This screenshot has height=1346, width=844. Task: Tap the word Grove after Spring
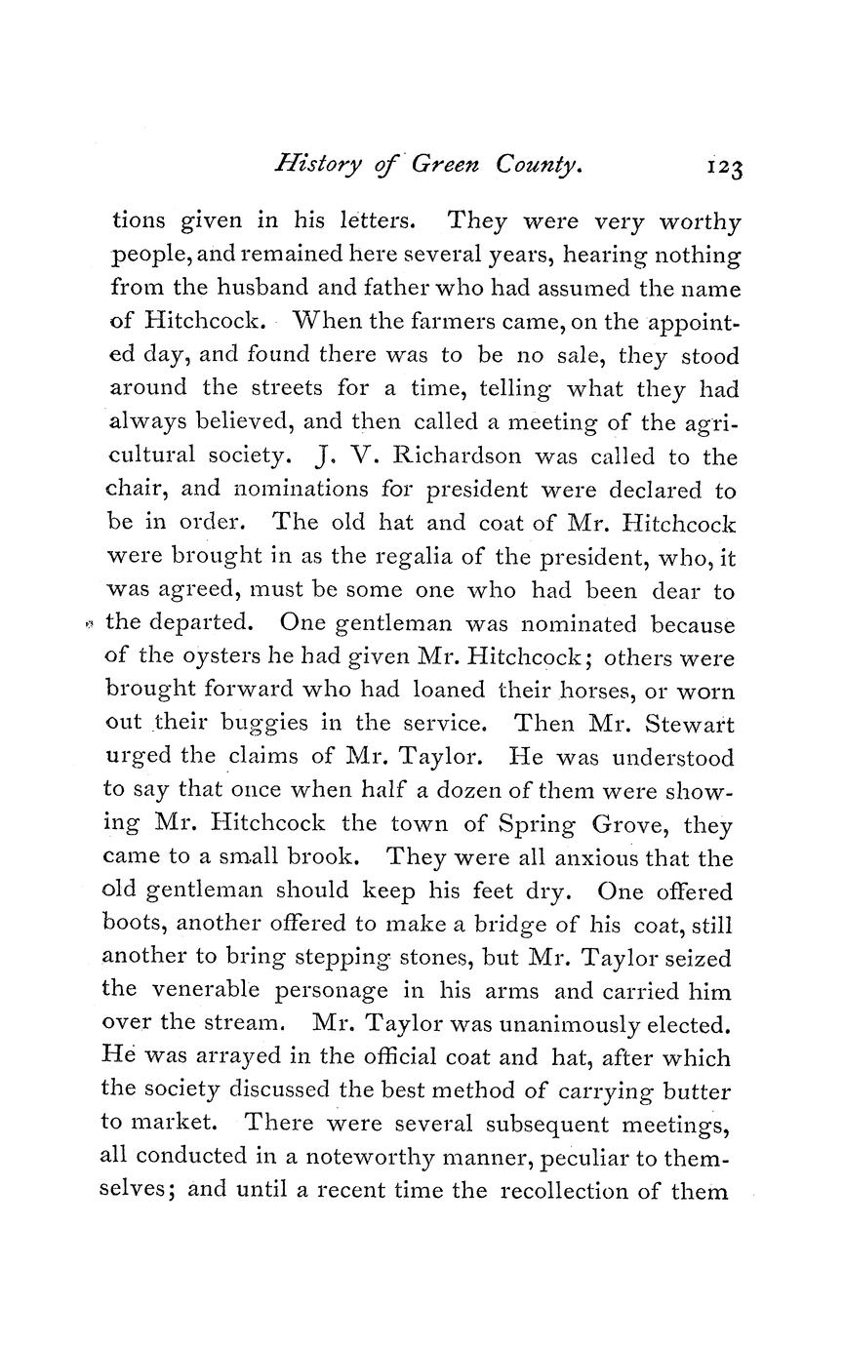tap(631, 824)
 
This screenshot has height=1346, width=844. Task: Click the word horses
tap(575, 691)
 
